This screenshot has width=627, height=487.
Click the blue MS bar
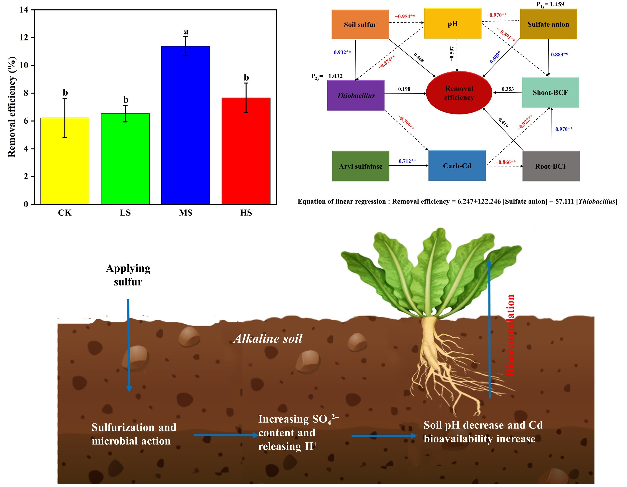[x=185, y=125]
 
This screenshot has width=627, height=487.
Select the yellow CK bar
[x=65, y=161]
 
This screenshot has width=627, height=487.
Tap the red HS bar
[x=246, y=151]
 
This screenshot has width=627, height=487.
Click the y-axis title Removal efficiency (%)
[x=12, y=107]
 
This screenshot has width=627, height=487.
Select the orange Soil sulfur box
[x=360, y=24]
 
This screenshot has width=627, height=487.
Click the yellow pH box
[x=453, y=23]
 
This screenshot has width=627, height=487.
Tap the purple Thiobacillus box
[x=356, y=95]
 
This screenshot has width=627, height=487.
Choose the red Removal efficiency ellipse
[x=459, y=93]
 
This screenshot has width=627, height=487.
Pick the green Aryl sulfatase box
[x=360, y=166]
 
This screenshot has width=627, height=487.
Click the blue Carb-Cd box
[x=457, y=166]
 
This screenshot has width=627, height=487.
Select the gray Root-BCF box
[x=551, y=166]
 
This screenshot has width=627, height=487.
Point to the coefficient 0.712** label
[x=407, y=161]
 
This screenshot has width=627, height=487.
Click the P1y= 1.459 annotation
[x=550, y=4]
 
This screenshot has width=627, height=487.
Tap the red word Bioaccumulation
[x=510, y=335]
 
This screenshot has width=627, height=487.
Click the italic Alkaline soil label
[x=268, y=339]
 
